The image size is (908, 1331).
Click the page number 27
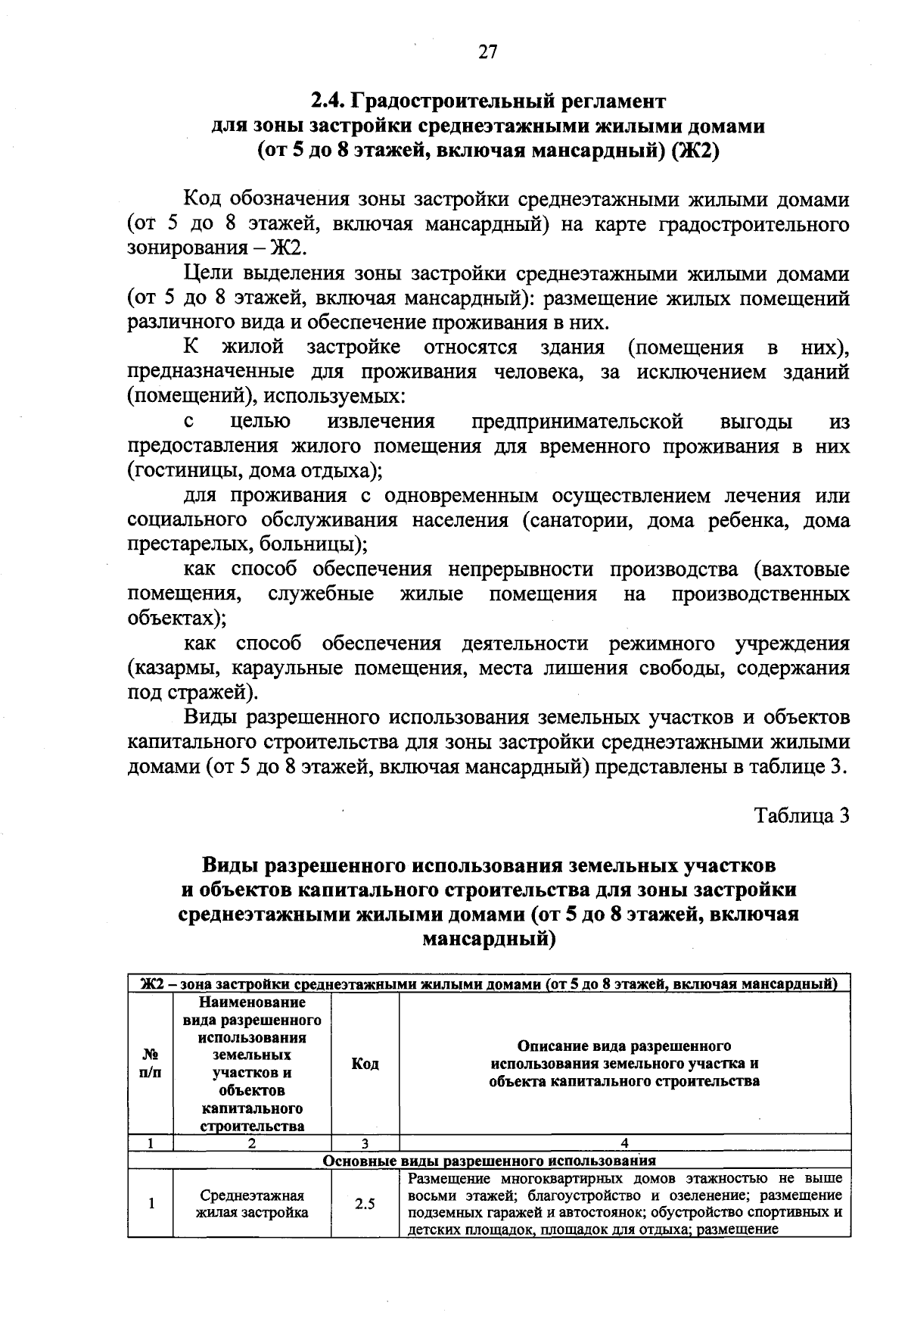(488, 51)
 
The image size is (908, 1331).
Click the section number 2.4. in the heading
(331, 100)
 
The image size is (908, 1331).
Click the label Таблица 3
(802, 816)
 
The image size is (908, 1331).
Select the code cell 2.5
(365, 1204)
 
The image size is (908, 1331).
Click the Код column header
(365, 1064)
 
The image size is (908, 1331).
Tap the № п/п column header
(151, 1064)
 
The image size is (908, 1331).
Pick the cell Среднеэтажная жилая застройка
(252, 1204)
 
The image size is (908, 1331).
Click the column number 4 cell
(624, 1143)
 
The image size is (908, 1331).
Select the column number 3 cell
(365, 1143)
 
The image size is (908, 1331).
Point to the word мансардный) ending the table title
(488, 940)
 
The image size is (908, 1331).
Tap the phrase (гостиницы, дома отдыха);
(254, 470)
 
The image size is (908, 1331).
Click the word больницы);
(313, 544)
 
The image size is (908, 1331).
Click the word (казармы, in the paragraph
(173, 669)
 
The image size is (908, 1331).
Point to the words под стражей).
(192, 693)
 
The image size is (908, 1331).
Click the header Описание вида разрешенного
(624, 1046)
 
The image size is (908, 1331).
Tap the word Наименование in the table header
(252, 1002)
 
